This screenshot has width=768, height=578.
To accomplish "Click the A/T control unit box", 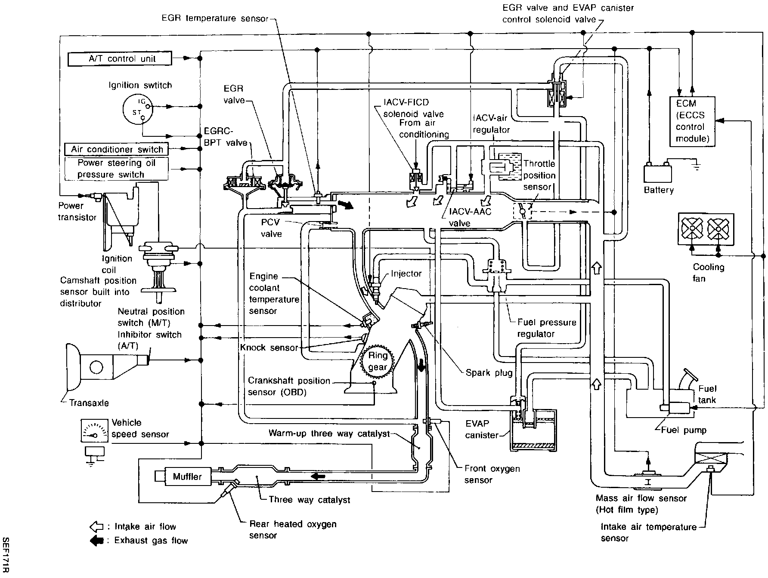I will click(x=120, y=58).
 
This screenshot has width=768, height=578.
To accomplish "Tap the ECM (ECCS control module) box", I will click(x=692, y=121).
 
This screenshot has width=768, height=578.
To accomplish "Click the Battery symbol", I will click(x=657, y=173).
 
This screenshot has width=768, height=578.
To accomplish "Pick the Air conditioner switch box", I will click(x=116, y=149).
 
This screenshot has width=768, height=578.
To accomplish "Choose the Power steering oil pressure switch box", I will click(x=116, y=169).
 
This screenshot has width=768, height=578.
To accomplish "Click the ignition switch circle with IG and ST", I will click(x=137, y=108).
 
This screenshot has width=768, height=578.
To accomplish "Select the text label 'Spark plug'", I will click(x=489, y=372).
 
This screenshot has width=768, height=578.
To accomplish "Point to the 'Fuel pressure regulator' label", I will click(x=546, y=328).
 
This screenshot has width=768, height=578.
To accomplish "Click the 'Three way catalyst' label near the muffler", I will click(x=309, y=500).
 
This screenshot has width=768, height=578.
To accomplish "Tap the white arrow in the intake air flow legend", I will click(x=96, y=527).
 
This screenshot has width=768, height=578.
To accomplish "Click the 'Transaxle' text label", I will click(x=89, y=403).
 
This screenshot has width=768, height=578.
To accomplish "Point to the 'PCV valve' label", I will click(x=271, y=228).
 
